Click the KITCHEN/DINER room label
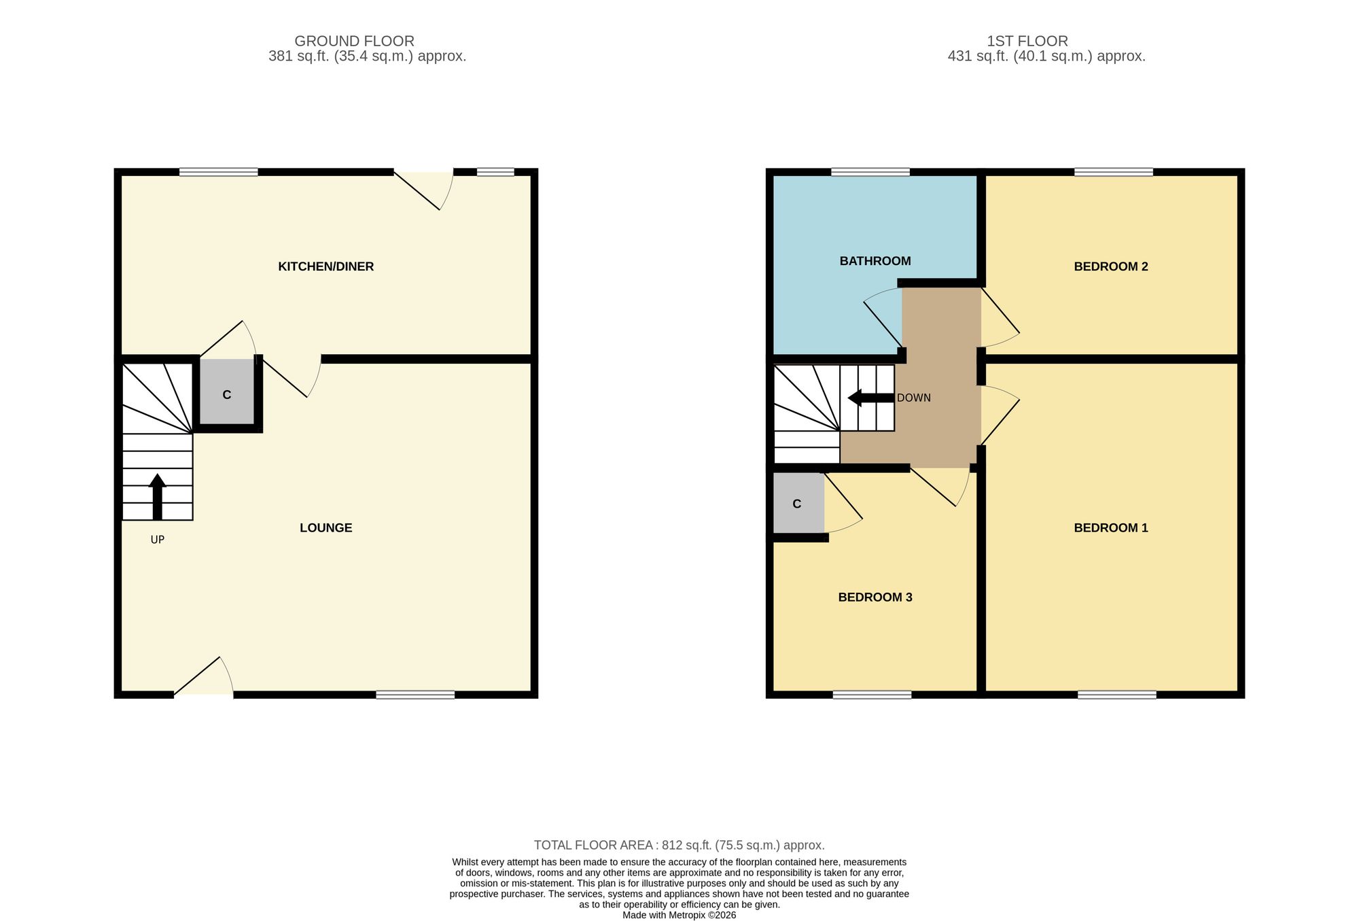(x=325, y=266)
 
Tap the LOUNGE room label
(x=325, y=527)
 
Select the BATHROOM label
(x=875, y=261)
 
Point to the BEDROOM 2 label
(x=1110, y=266)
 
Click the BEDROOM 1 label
(x=1110, y=527)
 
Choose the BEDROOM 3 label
(x=875, y=597)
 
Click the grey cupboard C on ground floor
(x=227, y=394)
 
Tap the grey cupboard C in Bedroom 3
(x=797, y=504)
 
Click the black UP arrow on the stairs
(x=157, y=496)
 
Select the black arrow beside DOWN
(x=870, y=398)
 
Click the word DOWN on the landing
(x=913, y=398)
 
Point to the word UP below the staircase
(x=157, y=540)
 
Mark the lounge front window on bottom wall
(x=415, y=695)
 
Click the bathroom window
(x=870, y=172)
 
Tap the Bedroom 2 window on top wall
(x=1113, y=172)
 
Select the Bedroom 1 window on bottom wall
(x=1116, y=695)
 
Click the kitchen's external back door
(x=424, y=187)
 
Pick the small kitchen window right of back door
(x=495, y=172)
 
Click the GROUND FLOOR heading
(x=354, y=41)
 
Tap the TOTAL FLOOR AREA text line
(x=679, y=845)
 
